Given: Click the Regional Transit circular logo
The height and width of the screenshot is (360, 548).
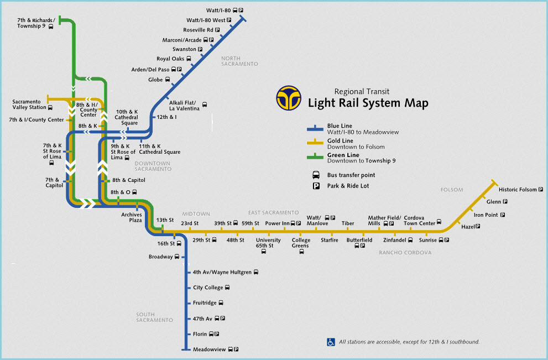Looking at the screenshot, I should coord(290,98).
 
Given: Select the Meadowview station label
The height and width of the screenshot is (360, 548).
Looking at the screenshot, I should coord(210,349).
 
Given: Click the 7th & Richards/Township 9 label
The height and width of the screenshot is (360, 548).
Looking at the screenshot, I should coord(35,23).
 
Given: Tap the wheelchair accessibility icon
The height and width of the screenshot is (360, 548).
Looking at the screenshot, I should coord(331,342).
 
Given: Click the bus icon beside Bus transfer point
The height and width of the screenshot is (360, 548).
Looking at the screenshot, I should coord(316,175).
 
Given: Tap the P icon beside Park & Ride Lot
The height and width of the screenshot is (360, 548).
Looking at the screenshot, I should coord(316,186).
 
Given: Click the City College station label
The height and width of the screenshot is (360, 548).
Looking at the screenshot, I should coord(208,288).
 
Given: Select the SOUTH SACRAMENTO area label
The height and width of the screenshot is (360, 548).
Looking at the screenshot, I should coord(155,317).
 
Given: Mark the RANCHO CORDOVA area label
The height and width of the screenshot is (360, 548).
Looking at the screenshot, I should coord(405,253).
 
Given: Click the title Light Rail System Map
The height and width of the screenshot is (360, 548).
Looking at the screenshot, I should coord(368,103).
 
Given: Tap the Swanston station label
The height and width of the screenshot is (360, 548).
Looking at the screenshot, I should coord(184,49).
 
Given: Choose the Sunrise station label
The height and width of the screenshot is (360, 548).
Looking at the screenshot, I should coord(427,241).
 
